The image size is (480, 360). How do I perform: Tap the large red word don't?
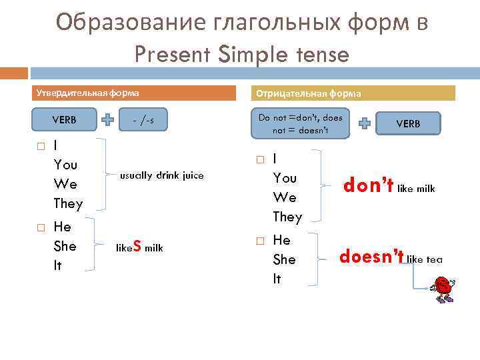pyautogui.click(x=368, y=187)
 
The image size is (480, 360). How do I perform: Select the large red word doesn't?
pyautogui.click(x=371, y=257)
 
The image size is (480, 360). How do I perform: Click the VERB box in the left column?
pyautogui.click(x=64, y=121)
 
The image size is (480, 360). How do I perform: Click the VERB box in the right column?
pyautogui.click(x=408, y=124)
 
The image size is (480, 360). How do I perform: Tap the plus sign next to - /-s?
pyautogui.click(x=107, y=121)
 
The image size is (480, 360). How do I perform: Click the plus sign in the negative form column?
pyautogui.click(x=365, y=124)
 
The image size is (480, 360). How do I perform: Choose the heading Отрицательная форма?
pyautogui.click(x=309, y=93)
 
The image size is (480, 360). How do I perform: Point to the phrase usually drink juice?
pyautogui.click(x=161, y=176)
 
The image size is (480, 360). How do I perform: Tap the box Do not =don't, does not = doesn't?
pyautogui.click(x=300, y=124)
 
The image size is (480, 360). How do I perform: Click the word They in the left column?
pyautogui.click(x=67, y=203)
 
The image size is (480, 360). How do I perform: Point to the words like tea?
pyautogui.click(x=425, y=259)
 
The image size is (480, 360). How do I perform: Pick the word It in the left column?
pyautogui.click(x=57, y=265)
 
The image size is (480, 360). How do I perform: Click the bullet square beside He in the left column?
pyautogui.click(x=41, y=228)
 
